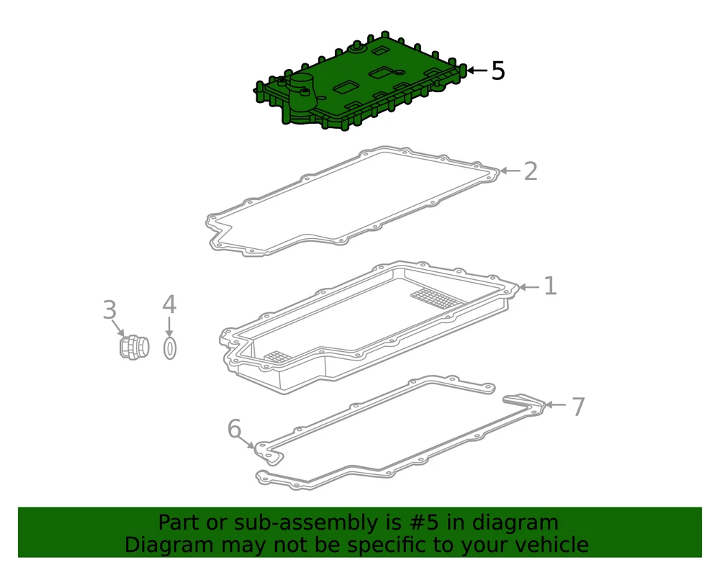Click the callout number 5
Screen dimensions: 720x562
[x=498, y=71]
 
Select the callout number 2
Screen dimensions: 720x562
[x=531, y=171]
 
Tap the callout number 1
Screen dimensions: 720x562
[x=550, y=286]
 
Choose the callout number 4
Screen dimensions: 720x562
[x=169, y=304]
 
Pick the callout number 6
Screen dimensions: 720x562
[x=234, y=429]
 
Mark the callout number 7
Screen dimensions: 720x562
[x=578, y=407]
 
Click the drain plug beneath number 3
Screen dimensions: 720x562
[x=134, y=348]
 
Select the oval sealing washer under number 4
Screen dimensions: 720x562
[x=170, y=348]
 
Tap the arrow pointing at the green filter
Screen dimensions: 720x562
[x=477, y=71]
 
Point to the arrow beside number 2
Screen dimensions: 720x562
[x=510, y=171]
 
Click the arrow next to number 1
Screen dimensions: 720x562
[x=529, y=287]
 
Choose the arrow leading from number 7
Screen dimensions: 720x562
[x=556, y=404]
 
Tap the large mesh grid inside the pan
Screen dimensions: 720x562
[x=437, y=299]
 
